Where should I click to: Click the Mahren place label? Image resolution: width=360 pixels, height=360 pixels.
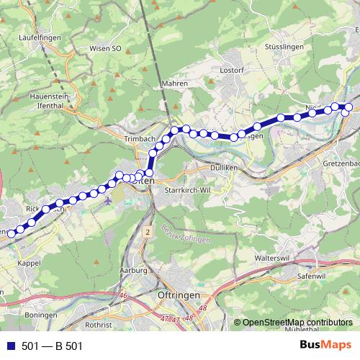[175, 84]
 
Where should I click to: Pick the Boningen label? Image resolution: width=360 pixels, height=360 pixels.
[40, 315]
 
